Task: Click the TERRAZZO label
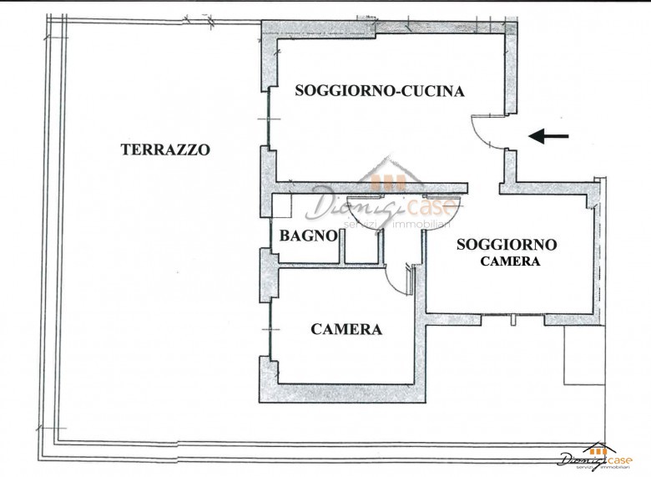click(x=165, y=150)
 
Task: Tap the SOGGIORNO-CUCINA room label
click(x=380, y=90)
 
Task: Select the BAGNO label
click(x=308, y=236)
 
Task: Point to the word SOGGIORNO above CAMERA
click(x=507, y=244)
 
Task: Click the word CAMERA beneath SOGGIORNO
click(x=510, y=261)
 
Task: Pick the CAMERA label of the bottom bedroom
click(x=346, y=329)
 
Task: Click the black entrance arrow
click(x=548, y=136)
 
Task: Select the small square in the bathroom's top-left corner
click(x=281, y=206)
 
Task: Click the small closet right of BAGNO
click(x=361, y=246)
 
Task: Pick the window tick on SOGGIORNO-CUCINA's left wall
click(x=269, y=119)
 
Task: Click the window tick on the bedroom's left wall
click(x=270, y=328)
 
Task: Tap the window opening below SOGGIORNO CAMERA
click(x=512, y=319)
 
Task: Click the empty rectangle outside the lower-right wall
click(x=584, y=354)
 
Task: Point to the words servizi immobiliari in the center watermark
click(x=397, y=225)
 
